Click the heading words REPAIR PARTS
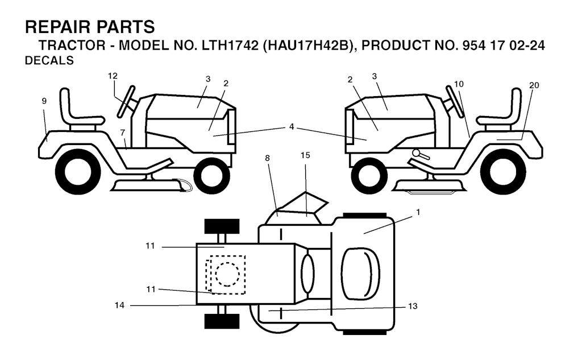(90, 27)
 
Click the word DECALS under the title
(50, 61)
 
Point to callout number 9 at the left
(44, 101)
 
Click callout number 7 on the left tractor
(122, 133)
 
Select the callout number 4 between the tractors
(292, 127)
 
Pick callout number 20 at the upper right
(534, 85)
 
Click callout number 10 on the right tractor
(459, 84)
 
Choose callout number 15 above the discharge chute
(305, 155)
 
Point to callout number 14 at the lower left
(119, 306)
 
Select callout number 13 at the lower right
(413, 307)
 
